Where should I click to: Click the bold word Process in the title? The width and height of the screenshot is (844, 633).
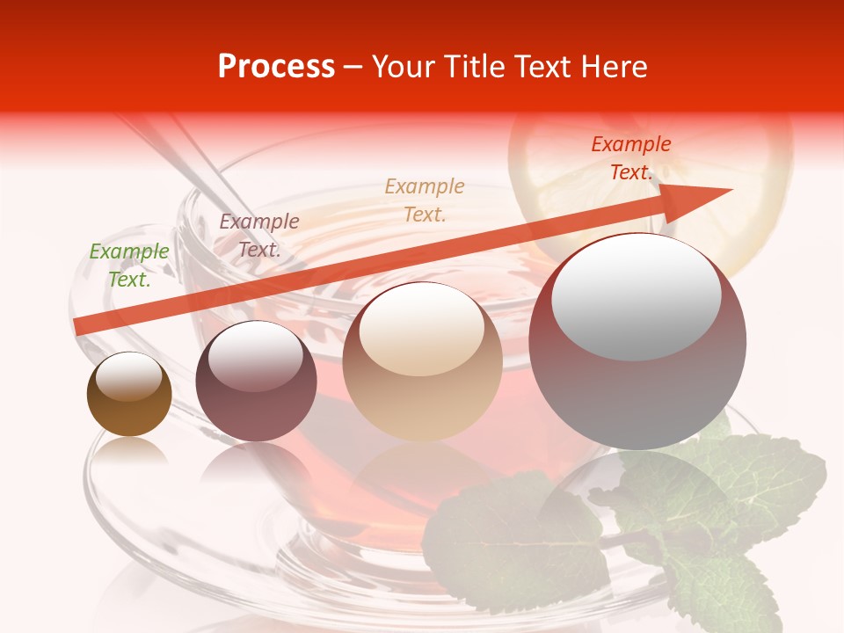(276, 67)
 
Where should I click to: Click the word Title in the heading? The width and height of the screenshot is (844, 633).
(472, 67)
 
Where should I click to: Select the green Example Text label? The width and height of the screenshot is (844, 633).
(129, 266)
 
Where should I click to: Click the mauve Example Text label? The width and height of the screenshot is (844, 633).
(259, 236)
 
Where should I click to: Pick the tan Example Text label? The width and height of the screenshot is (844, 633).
(425, 200)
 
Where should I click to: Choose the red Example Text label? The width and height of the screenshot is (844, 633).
(631, 158)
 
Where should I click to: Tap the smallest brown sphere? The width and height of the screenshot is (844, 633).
(129, 395)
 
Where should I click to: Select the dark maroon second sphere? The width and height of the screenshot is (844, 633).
(256, 382)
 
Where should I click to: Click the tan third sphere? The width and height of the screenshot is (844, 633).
(423, 361)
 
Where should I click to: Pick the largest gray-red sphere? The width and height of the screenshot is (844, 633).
(637, 343)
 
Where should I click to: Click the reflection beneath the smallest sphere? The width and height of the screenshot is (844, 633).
(129, 453)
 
